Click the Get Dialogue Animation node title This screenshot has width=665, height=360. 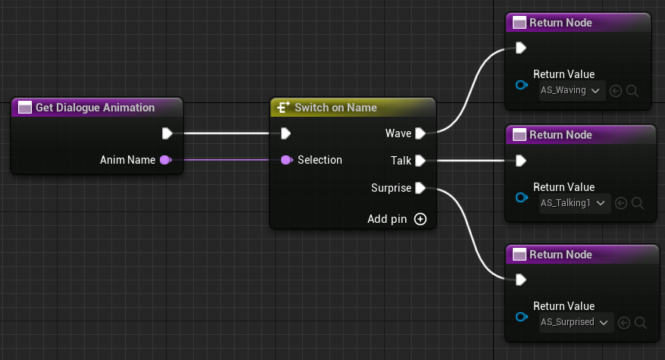point(95,108)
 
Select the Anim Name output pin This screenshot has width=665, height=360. point(165,160)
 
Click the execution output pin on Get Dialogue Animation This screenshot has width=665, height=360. point(167,133)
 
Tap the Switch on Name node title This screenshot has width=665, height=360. point(335,108)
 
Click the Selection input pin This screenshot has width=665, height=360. point(286,160)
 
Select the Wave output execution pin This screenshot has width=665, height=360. point(420,133)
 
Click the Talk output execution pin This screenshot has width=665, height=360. point(420,160)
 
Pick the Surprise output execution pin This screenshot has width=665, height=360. point(420,187)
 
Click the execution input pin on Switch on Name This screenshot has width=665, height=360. point(286,133)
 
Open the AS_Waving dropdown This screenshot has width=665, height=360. point(570,91)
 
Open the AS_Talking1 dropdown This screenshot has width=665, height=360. point(573,203)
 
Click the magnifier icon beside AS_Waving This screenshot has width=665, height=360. point(633,91)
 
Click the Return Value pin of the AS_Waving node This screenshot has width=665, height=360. point(521,85)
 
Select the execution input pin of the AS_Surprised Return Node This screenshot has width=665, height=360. point(520,280)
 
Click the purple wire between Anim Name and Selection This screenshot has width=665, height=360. point(227,160)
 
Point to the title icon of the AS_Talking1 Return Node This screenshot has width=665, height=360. point(519,135)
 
